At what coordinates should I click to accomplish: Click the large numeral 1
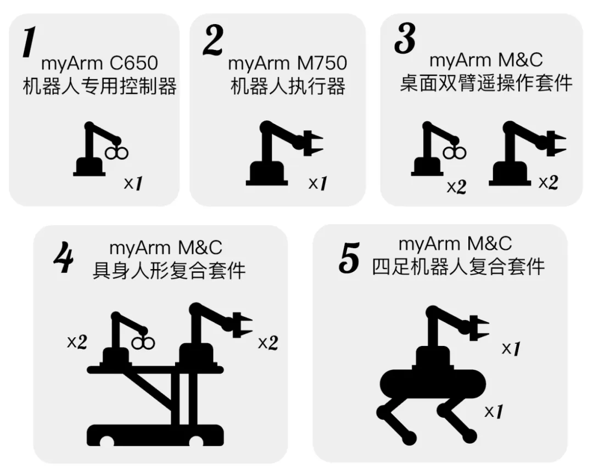[x=29, y=42]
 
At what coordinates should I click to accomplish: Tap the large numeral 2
[x=213, y=41]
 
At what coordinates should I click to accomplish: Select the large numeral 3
[x=405, y=38]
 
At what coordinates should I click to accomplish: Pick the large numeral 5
[x=349, y=258]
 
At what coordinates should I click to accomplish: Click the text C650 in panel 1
[x=133, y=63]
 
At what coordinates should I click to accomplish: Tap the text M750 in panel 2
[x=322, y=63]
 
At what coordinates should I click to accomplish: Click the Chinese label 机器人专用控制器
[x=100, y=86]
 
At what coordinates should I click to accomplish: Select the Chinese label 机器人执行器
[x=288, y=86]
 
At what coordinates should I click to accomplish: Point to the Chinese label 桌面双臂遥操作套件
[x=486, y=83]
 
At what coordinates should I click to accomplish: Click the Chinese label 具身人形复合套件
[x=169, y=271]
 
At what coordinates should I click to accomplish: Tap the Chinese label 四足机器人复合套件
[x=458, y=267]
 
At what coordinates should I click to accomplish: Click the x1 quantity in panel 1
[x=133, y=183]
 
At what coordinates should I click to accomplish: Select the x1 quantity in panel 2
[x=318, y=183]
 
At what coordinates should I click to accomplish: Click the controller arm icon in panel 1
[x=100, y=149]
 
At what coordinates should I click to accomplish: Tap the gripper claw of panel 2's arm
[x=313, y=143]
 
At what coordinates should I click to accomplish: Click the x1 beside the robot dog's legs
[x=494, y=411]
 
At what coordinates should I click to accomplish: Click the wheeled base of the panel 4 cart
[x=155, y=435]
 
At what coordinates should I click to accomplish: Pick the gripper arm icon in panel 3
[x=528, y=154]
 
